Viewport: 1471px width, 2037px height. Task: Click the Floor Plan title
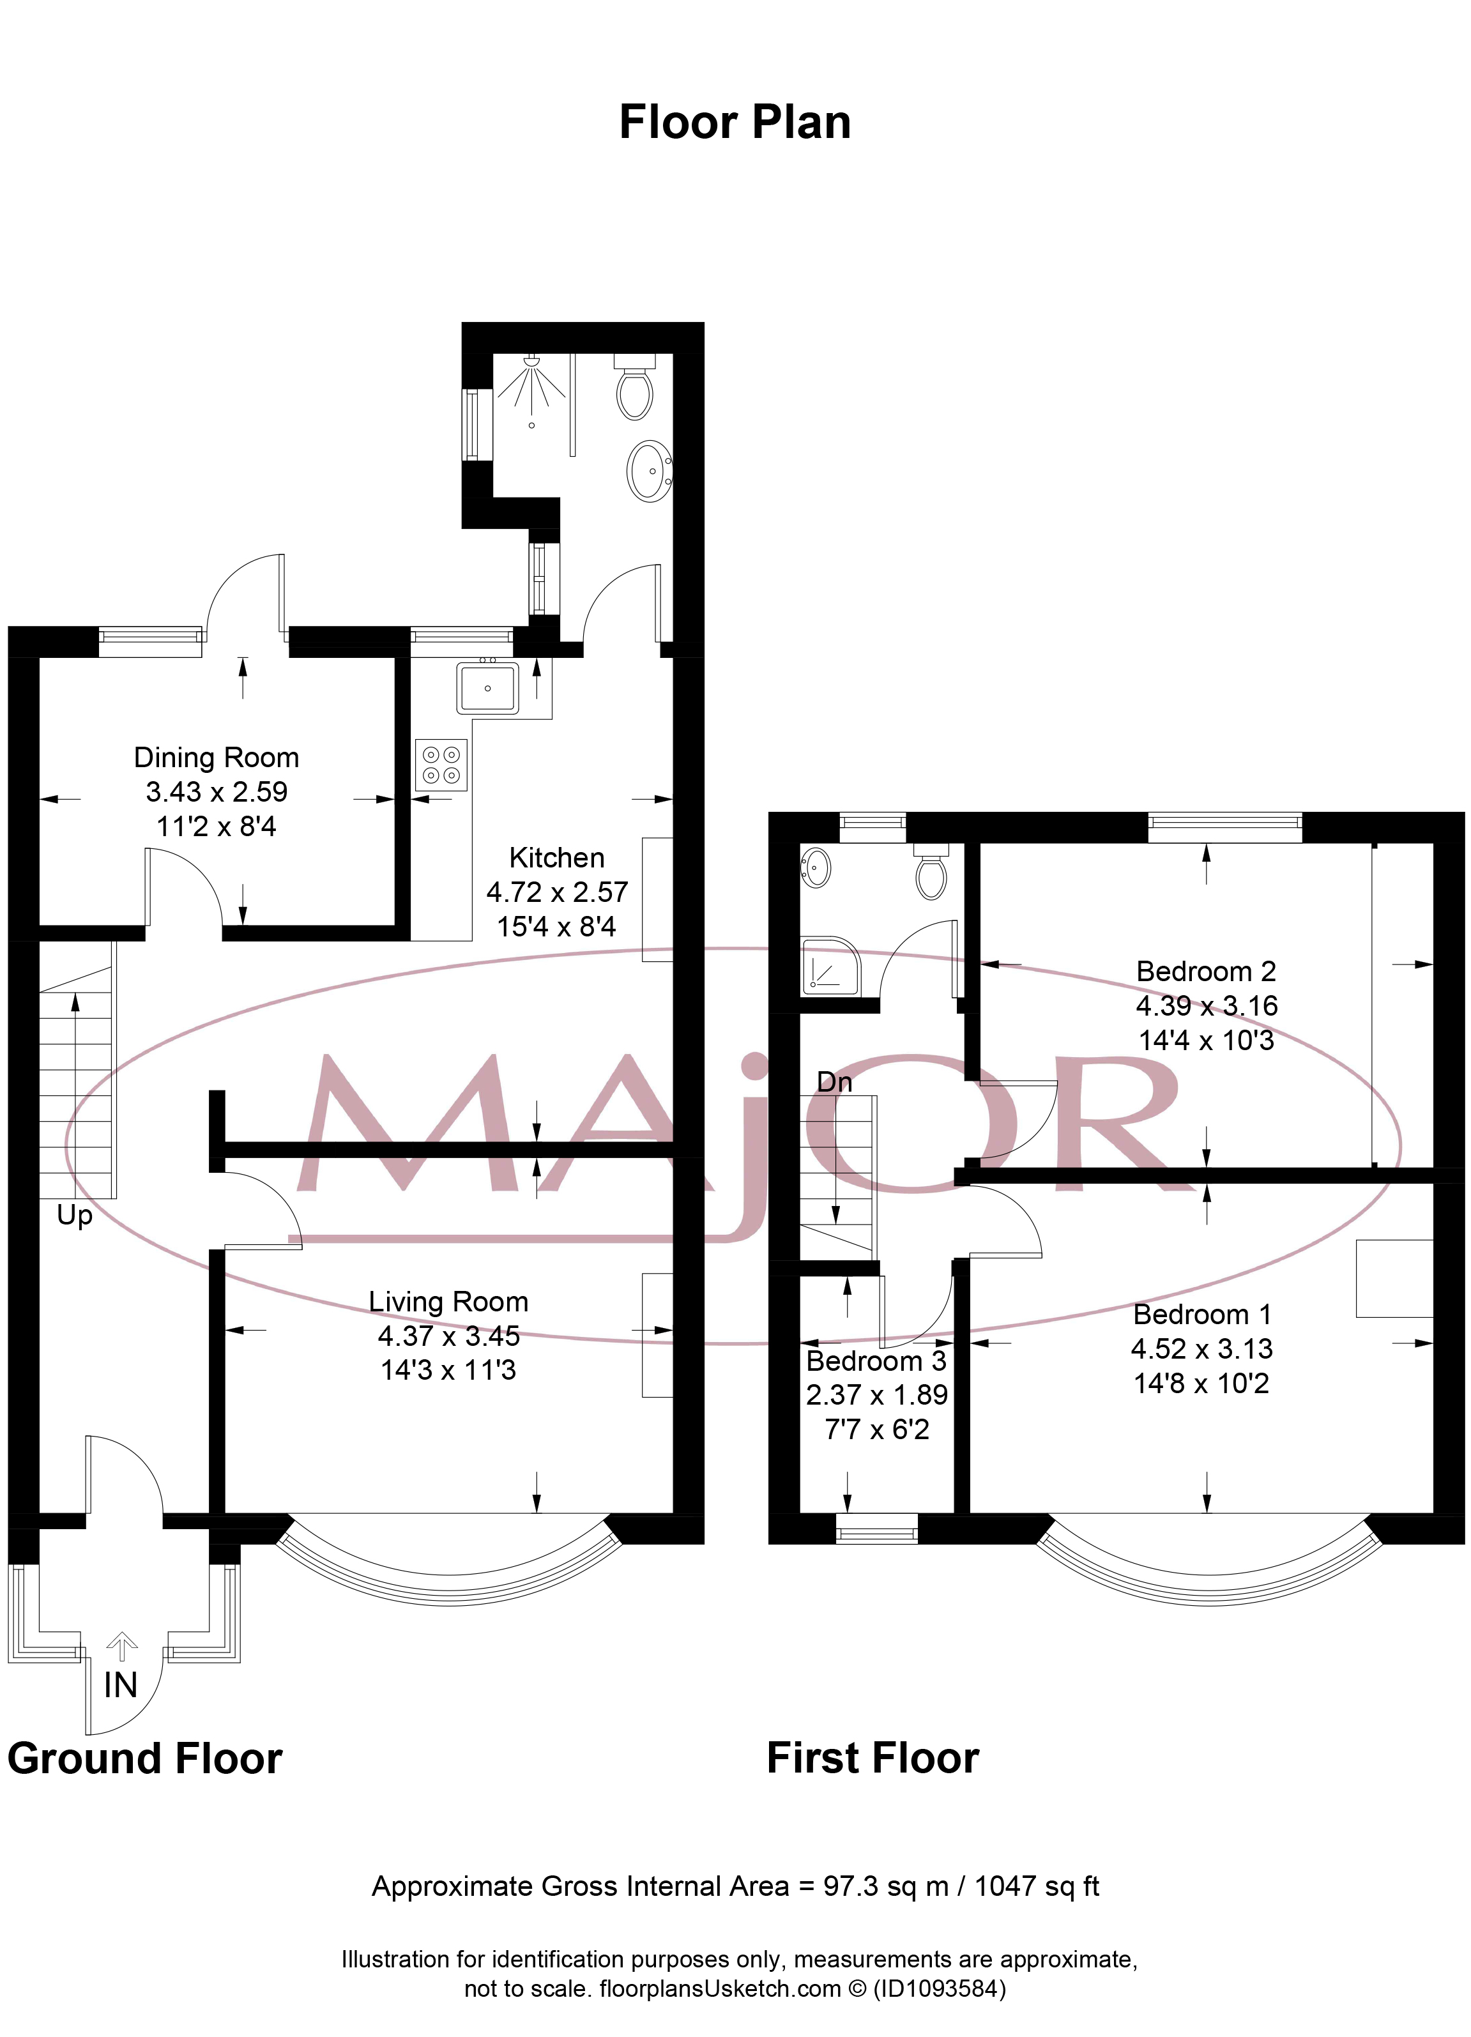735,122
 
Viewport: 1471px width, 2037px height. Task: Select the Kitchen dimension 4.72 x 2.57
557,892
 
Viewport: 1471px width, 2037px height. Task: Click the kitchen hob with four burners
441,765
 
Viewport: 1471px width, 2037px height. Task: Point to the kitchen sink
487,687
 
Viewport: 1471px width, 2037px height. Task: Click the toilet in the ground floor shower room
634,392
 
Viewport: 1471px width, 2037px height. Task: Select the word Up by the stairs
75,1215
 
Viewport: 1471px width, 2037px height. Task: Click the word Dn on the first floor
834,1081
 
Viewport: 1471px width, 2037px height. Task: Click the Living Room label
448,1301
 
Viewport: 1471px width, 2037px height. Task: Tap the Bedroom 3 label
876,1361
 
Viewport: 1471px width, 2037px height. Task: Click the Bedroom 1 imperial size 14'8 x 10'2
1201,1383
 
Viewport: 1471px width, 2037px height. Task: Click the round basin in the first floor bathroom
816,867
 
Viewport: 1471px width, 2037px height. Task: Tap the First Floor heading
872,1758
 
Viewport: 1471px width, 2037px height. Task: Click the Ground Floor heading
144,1758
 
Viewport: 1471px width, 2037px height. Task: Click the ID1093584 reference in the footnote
940,1988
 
